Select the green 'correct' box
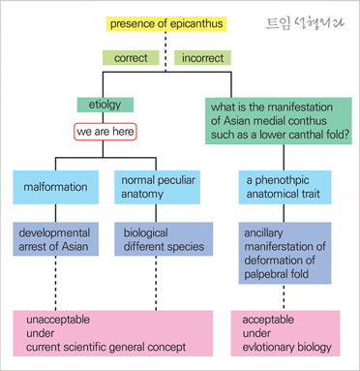131,58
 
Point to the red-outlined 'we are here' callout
106,129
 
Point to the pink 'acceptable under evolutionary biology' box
286,332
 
